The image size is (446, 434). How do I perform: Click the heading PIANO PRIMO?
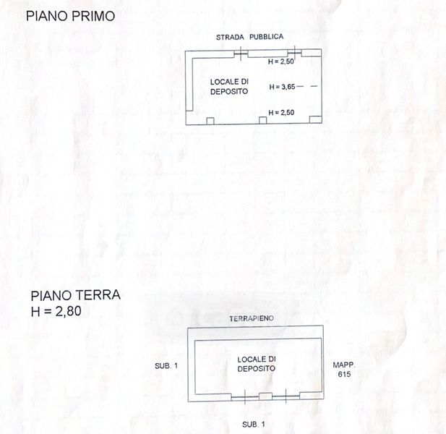pos(70,16)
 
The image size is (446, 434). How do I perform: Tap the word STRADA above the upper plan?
pos(230,38)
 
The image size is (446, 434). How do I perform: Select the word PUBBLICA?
pos(266,37)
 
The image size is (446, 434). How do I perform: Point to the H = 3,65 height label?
pos(282,87)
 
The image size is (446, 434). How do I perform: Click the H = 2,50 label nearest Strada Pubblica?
pos(280,61)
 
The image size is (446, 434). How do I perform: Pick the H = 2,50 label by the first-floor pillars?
pos(281,113)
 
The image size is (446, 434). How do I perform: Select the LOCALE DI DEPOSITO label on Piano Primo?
pos(229,87)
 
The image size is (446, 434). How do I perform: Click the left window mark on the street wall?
pos(241,54)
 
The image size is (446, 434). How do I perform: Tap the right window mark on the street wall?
pos(294,53)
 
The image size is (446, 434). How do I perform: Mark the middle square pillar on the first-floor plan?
pos(263,120)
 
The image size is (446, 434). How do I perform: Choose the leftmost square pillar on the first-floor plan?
pos(210,121)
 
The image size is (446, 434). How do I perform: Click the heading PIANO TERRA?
pos(75,295)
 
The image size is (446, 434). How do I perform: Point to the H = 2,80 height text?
pos(56,311)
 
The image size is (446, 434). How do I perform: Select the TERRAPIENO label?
pos(252,318)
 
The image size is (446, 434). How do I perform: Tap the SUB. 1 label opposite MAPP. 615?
pos(166,366)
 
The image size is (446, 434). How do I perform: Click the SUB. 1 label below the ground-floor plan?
pos(254,425)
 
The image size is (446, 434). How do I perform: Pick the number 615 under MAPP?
pos(344,374)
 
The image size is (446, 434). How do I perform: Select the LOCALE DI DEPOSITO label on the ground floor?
pos(257,364)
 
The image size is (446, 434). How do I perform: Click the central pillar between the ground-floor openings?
pos(265,396)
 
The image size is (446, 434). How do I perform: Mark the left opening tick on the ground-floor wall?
pos(245,396)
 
